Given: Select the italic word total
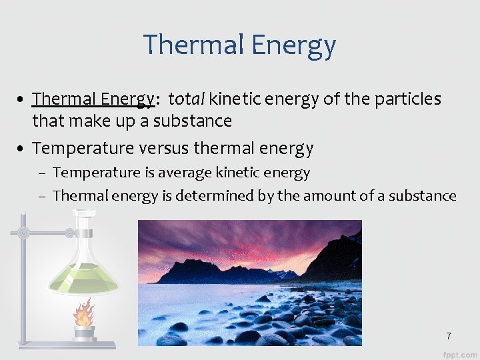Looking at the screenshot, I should click(187, 99).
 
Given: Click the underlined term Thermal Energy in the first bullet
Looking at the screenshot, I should click(93, 99).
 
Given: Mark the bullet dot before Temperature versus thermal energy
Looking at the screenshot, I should click(22, 148).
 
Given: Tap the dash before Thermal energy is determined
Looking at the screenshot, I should click(42, 197).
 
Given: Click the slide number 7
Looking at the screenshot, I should click(449, 336).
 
